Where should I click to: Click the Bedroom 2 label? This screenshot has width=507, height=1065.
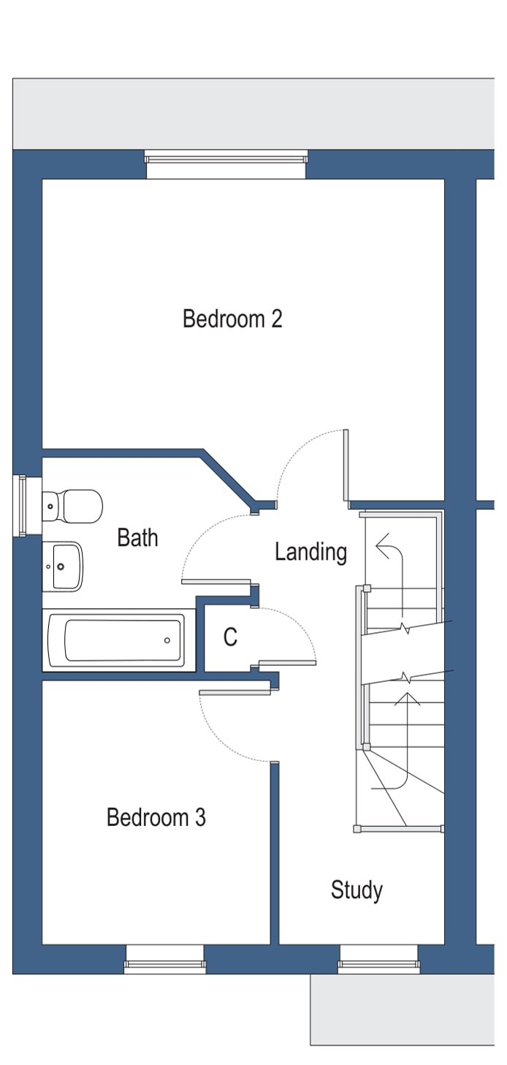[232, 319]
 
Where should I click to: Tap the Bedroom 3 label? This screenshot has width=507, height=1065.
[156, 817]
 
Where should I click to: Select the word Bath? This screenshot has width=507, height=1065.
[137, 538]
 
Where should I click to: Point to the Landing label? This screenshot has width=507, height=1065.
[310, 552]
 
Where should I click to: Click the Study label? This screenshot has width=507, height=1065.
[357, 890]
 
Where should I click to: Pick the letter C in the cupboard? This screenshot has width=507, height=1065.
[230, 637]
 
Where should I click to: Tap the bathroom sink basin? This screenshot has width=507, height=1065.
[64, 566]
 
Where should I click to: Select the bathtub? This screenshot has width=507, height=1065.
[117, 640]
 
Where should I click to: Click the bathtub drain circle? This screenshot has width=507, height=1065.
[167, 640]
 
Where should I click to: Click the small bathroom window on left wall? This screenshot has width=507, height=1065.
[22, 505]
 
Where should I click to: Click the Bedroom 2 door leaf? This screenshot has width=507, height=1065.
[346, 465]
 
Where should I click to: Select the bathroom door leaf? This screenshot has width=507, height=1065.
[216, 582]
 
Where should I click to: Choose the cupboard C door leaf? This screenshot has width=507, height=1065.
[287, 663]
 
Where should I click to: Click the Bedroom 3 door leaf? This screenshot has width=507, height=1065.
[235, 691]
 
